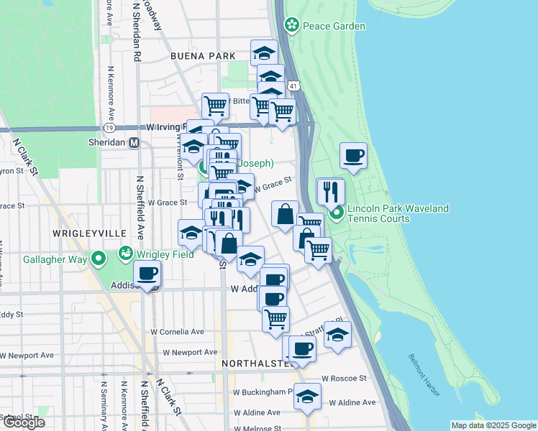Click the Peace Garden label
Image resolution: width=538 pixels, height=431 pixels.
[334, 27]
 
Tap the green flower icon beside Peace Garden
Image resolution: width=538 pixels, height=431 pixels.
[292, 27]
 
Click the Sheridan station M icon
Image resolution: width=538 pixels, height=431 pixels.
[134, 143]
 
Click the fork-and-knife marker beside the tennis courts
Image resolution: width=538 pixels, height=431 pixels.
[330, 191]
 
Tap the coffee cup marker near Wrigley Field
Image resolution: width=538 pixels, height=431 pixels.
[147, 274]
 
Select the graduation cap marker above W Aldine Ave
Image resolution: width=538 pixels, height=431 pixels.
[307, 396]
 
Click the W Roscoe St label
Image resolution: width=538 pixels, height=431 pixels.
[344, 378]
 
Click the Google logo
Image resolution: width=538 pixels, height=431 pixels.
[24, 422]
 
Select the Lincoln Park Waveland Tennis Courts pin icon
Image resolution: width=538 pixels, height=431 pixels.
[337, 213]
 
